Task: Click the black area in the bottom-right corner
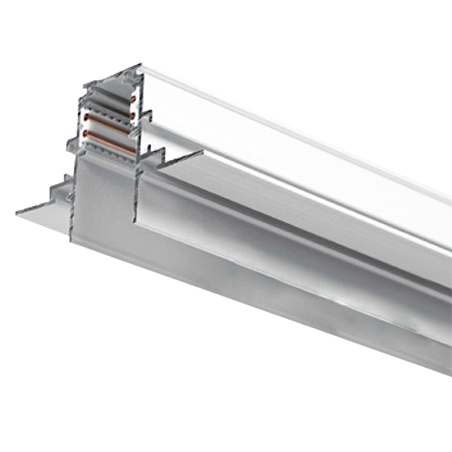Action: pos(425,425)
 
